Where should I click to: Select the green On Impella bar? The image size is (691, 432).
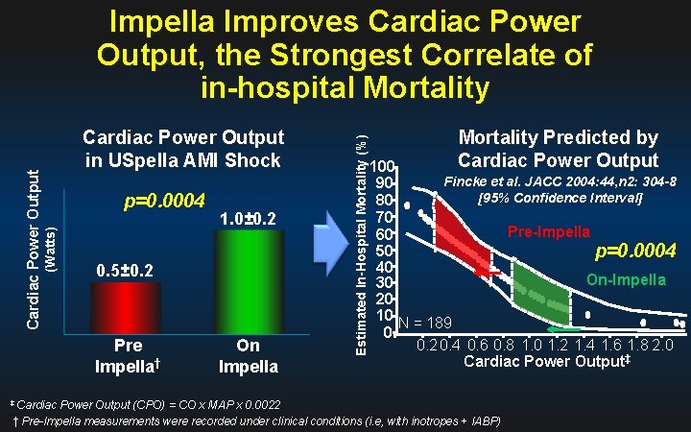coord(248,278)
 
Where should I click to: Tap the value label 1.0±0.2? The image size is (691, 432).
coord(249,219)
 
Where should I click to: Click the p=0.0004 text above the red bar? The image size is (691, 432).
coord(165,201)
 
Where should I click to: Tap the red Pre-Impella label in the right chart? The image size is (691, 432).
coord(549,231)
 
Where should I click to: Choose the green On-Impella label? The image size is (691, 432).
coord(626,280)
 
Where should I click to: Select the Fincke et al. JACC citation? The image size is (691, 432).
coord(560,181)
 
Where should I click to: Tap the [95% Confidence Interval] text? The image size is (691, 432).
coord(560,199)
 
